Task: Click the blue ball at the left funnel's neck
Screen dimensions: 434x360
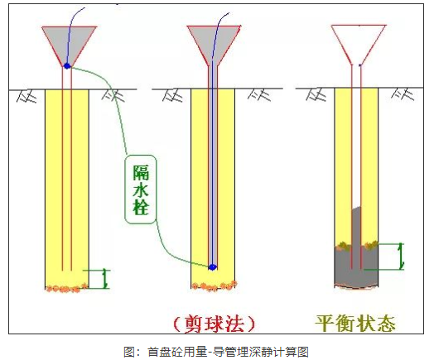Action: tap(67, 66)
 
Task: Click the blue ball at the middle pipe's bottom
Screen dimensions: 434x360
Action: tap(213, 266)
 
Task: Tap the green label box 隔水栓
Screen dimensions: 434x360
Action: tap(140, 190)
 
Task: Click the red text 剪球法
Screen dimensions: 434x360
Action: tap(214, 324)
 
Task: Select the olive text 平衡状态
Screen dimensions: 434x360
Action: tap(355, 323)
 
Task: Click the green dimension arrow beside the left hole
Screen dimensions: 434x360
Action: tap(105, 279)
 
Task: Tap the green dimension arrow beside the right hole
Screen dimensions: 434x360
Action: tap(401, 256)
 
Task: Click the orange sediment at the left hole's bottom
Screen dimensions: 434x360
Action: tap(67, 288)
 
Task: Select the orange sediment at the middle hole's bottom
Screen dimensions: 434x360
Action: tap(215, 286)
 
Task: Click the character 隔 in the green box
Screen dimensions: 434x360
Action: tap(141, 173)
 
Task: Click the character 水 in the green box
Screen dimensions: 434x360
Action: tap(141, 190)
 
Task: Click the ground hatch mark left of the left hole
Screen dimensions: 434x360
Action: tap(27, 96)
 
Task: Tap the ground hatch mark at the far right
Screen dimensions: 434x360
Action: tap(403, 94)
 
